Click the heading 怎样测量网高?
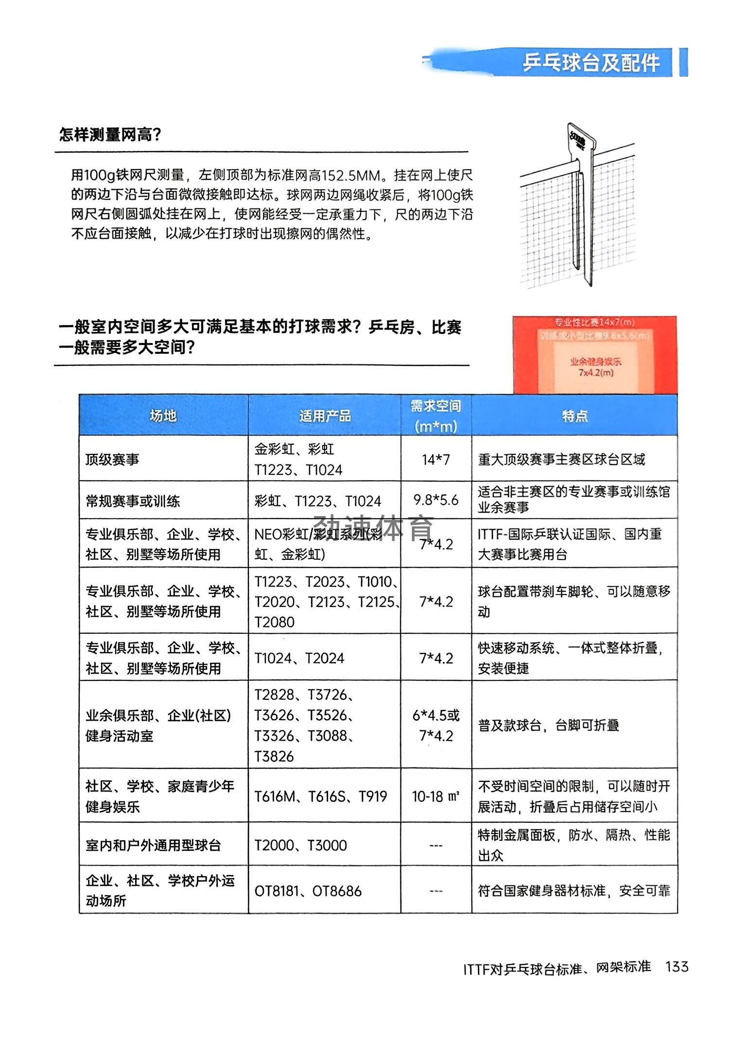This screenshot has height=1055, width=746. coord(110,135)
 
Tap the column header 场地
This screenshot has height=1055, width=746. coord(163,415)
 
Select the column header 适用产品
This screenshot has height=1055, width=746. coord(325,415)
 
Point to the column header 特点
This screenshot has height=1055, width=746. coord(574,415)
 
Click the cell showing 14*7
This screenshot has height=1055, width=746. coord(435,459)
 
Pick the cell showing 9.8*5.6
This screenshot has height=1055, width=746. coord(435,500)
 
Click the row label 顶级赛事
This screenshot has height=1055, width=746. coord(112,459)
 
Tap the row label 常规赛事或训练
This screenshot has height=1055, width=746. coord(133,501)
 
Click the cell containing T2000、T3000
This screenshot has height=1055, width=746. coord(300,845)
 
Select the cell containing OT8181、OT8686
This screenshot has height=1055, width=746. coord(308,891)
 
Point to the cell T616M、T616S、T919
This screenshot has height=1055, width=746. coord(321,796)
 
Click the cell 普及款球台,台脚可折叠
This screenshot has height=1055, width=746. coord(548,726)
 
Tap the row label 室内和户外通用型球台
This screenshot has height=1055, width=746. coord(153,845)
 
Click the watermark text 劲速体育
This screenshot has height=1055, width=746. coord(373,528)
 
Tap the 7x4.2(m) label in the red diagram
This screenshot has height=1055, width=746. coord(596,373)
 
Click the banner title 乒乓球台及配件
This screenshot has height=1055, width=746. coord(591,63)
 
